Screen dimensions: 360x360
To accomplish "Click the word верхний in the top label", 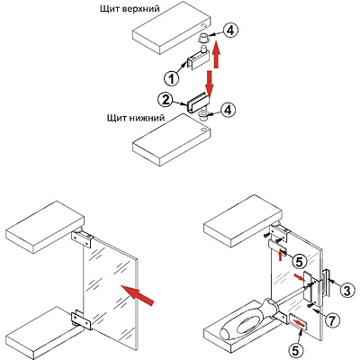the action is pyautogui.click(x=140, y=8).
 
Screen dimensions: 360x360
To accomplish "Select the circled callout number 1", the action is pyautogui.click(x=172, y=79).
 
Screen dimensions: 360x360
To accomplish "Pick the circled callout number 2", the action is pyautogui.click(x=166, y=101).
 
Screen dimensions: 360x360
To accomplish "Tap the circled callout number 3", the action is pyautogui.click(x=347, y=291).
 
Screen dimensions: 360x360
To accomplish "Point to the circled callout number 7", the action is pyautogui.click(x=332, y=320).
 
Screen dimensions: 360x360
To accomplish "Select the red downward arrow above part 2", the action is pyautogui.click(x=210, y=82).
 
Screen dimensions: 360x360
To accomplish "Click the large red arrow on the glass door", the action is pyautogui.click(x=137, y=295).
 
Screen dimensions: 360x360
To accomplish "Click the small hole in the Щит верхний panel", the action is pyautogui.click(x=204, y=26).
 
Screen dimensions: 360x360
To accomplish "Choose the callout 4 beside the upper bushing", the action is pyautogui.click(x=230, y=31).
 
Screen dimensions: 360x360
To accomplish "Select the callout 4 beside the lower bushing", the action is pyautogui.click(x=228, y=110).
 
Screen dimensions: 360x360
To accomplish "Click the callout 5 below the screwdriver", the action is pyautogui.click(x=296, y=350).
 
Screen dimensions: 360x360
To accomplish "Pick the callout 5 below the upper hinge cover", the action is pyautogui.click(x=299, y=262).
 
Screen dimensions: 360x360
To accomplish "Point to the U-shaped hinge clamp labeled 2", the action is pyautogui.click(x=197, y=102).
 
